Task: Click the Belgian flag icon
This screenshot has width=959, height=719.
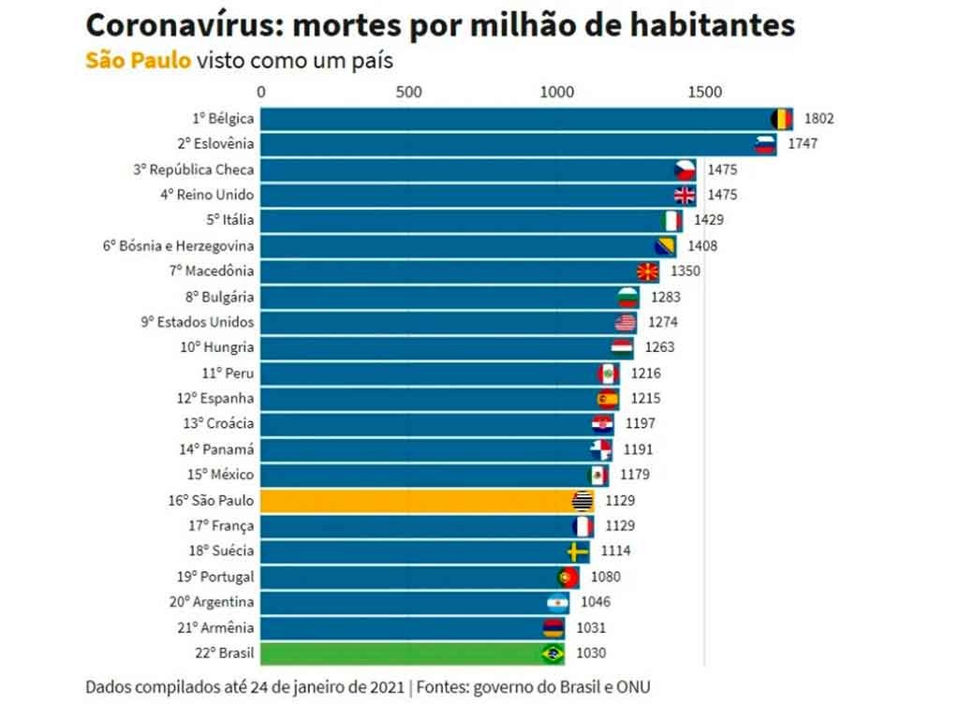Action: (x=780, y=119)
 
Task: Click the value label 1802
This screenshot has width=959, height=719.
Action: (x=819, y=119)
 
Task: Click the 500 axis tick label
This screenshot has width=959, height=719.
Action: (x=408, y=92)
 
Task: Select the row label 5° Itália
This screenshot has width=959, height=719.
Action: (x=229, y=220)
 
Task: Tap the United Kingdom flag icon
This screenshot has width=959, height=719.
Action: (x=686, y=195)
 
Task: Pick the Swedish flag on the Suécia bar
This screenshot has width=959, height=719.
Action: (x=578, y=550)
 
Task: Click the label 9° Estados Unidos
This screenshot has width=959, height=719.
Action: (x=197, y=322)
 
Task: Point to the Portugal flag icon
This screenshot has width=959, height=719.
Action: (x=567, y=576)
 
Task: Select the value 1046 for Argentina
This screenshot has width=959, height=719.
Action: (x=596, y=602)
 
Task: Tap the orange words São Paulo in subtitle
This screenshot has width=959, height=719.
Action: (x=138, y=61)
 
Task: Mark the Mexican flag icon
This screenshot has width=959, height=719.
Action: (x=598, y=475)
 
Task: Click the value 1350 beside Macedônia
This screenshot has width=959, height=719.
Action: (x=686, y=271)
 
